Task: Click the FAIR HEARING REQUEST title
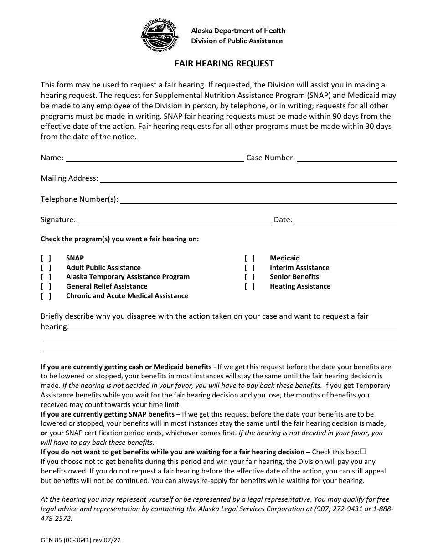click(x=224, y=63)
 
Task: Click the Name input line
click(x=155, y=158)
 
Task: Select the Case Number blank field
click(x=347, y=158)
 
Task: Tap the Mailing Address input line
click(x=248, y=178)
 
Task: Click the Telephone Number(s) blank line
click(x=258, y=199)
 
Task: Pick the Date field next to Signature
click(x=346, y=220)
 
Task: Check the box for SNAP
click(x=46, y=258)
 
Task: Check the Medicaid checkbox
click(x=250, y=258)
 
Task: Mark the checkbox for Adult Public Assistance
click(x=46, y=268)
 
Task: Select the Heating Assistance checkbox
click(x=250, y=286)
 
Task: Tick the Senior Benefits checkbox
click(x=250, y=277)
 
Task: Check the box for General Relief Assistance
click(x=46, y=286)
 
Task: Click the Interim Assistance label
click(x=299, y=268)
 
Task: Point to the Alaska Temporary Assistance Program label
click(x=128, y=277)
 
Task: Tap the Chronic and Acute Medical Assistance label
click(x=127, y=296)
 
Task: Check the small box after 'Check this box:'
click(x=363, y=452)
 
